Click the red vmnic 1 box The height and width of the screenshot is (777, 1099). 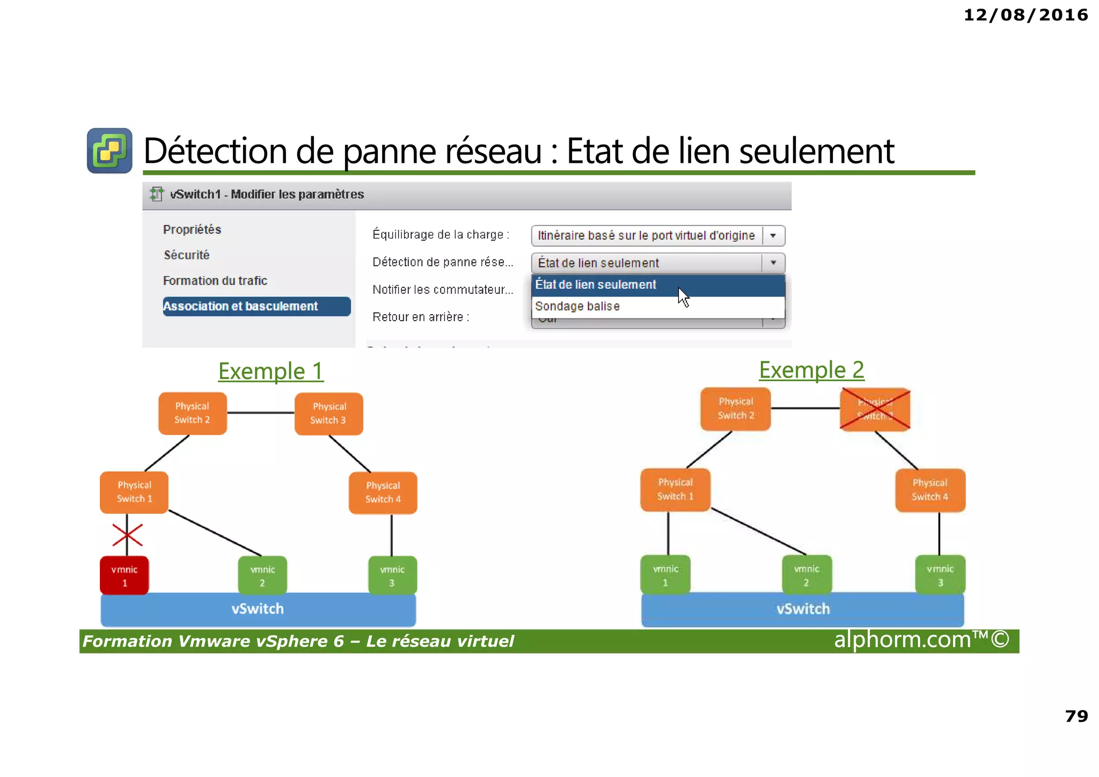click(x=124, y=575)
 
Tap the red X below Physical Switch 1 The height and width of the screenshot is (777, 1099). click(x=127, y=535)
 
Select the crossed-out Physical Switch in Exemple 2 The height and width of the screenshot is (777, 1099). click(x=875, y=409)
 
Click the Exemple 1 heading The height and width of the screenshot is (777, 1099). click(x=271, y=371)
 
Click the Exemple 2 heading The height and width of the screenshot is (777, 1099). click(x=811, y=370)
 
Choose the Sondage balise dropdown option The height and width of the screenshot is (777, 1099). click(x=577, y=307)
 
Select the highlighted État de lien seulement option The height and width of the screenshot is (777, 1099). click(x=596, y=285)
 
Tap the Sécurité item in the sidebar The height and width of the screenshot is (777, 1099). click(x=187, y=255)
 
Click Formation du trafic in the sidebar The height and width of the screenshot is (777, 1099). click(x=215, y=281)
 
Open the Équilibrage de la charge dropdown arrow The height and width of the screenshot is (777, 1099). click(x=773, y=236)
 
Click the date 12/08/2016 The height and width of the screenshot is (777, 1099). click(x=1025, y=15)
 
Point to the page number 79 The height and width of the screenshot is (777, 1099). click(x=1076, y=716)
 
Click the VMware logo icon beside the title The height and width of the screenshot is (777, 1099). click(x=110, y=151)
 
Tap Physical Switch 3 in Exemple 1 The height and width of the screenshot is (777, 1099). click(x=328, y=413)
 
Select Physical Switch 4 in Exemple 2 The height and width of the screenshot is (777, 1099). click(x=930, y=490)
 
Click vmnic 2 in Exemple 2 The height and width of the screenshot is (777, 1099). click(x=807, y=575)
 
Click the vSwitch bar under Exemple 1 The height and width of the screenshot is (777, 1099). click(x=258, y=609)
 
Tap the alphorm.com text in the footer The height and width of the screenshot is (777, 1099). click(x=921, y=640)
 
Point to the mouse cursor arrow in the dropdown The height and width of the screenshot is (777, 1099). click(x=683, y=296)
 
